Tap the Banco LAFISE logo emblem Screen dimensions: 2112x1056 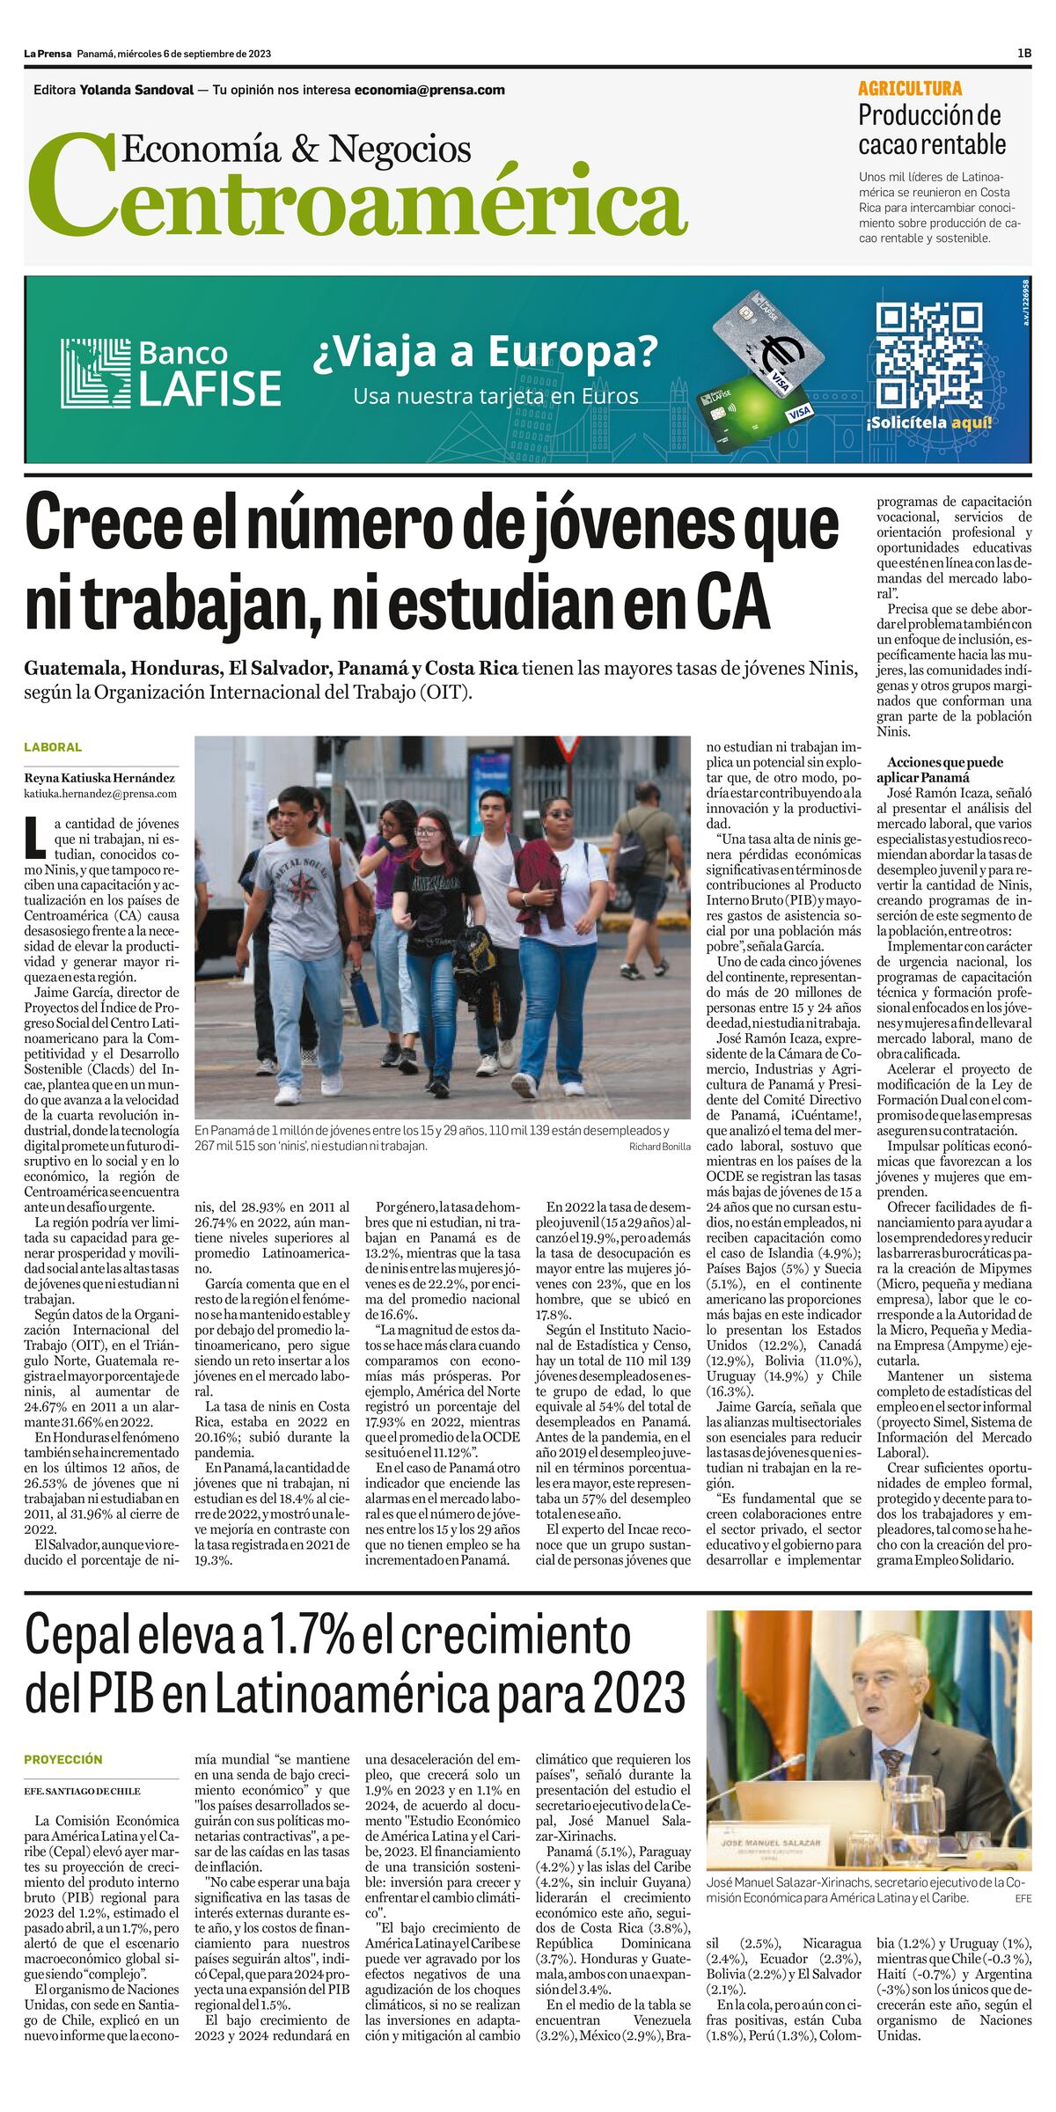pyautogui.click(x=94, y=373)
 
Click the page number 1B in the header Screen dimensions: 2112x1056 pyautogui.click(x=1023, y=54)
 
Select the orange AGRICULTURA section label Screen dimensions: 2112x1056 pyautogui.click(x=910, y=88)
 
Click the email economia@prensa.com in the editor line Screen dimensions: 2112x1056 pyautogui.click(x=429, y=90)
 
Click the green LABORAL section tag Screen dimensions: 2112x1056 pyautogui.click(x=53, y=747)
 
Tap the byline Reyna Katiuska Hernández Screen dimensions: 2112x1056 pyautogui.click(x=99, y=778)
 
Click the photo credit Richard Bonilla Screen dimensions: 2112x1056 pyautogui.click(x=659, y=1147)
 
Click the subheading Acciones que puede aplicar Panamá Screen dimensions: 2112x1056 pyautogui.click(x=932, y=770)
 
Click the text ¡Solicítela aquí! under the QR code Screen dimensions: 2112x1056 pyautogui.click(x=929, y=422)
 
